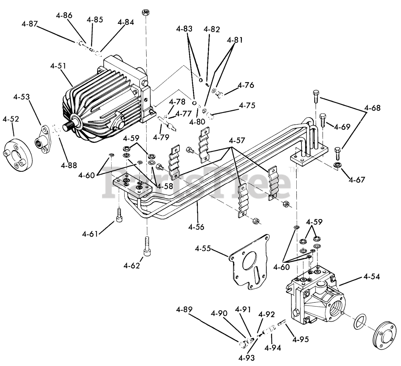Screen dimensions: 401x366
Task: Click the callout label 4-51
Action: [58, 66]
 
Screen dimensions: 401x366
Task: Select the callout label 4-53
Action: [21, 97]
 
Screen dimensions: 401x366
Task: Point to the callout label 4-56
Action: [196, 227]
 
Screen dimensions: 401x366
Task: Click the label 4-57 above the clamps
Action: [237, 140]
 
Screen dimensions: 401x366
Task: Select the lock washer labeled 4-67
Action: [337, 165]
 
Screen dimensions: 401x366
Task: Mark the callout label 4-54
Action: [372, 277]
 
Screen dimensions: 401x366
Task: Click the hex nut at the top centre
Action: [145, 13]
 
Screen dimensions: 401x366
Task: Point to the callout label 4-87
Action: [29, 24]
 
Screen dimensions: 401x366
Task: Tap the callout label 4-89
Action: [184, 309]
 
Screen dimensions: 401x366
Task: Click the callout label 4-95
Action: [301, 339]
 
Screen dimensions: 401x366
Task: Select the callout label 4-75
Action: [247, 105]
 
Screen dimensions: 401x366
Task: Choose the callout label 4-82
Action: [212, 29]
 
